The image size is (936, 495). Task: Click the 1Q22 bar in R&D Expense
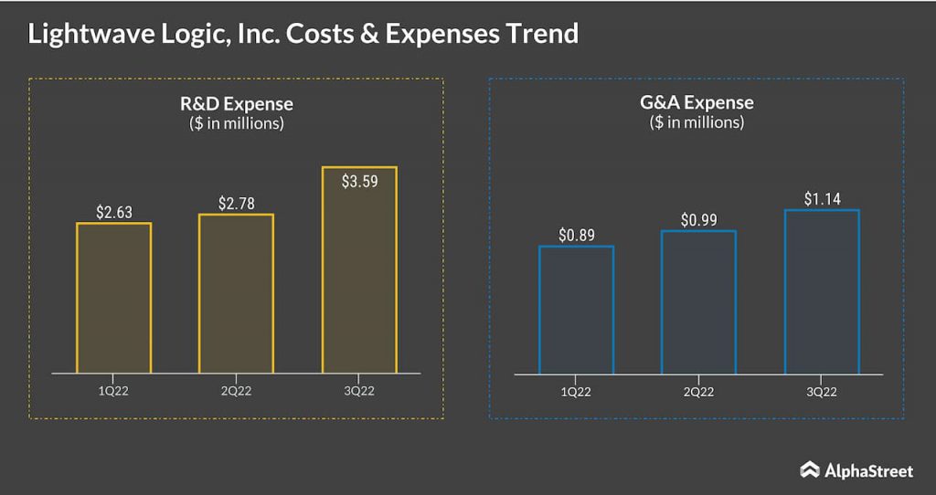pos(113,298)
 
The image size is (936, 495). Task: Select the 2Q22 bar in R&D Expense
pos(236,293)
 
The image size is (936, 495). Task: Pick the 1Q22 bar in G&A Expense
pos(576,310)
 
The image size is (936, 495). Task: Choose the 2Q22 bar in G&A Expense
pos(698,302)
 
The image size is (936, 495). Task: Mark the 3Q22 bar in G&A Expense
pos(822,291)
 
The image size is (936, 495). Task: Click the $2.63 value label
pos(114,212)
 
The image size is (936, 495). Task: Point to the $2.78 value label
pos(236,203)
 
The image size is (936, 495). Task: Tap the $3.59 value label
pos(359,181)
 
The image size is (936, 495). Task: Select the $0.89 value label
pos(577,235)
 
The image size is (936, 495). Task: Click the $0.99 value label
pos(699,220)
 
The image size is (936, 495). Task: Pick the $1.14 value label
pos(822,198)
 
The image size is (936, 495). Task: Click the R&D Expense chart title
pos(236,104)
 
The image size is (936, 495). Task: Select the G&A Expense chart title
pos(697,102)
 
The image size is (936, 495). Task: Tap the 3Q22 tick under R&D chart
pos(359,392)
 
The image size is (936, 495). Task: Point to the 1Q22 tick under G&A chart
pos(576,392)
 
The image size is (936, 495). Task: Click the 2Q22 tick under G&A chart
pos(698,392)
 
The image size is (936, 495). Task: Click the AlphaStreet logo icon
pos(809,470)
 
